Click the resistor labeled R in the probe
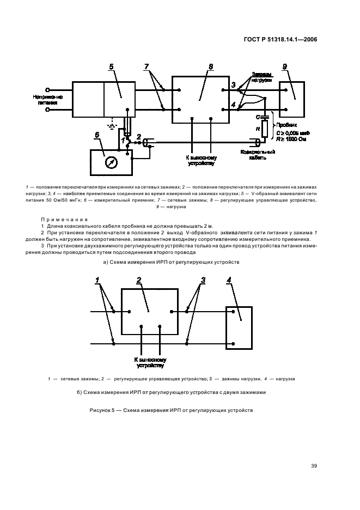[x=265, y=129]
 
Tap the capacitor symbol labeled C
[x=265, y=116]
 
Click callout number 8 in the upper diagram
[x=211, y=67]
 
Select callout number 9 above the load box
[x=284, y=67]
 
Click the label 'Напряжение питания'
[x=48, y=99]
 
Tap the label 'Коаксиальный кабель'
[x=258, y=155]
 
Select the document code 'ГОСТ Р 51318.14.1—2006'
[x=280, y=39]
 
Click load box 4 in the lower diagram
[x=239, y=328]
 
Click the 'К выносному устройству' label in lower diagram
[x=150, y=363]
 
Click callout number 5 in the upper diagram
[x=111, y=67]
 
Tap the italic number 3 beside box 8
[x=233, y=86]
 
